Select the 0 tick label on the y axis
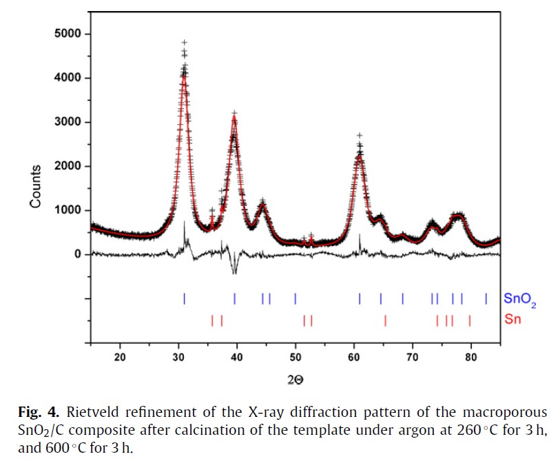(78, 254)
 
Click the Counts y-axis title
(36, 186)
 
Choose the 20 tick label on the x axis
(121, 357)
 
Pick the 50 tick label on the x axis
(295, 357)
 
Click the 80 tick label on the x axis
(471, 357)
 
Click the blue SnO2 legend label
(519, 299)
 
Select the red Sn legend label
(512, 320)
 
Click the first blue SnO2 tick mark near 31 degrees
(185, 298)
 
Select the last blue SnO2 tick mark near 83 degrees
(486, 298)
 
